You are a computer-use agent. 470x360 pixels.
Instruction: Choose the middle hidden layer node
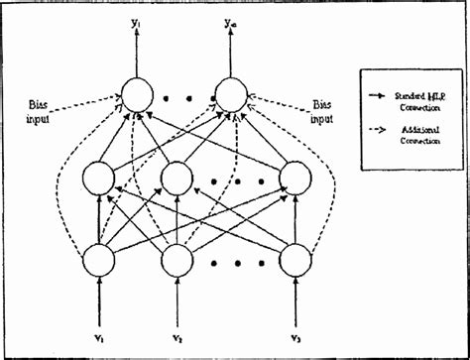pos(176,178)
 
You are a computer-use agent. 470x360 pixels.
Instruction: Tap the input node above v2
pos(176,261)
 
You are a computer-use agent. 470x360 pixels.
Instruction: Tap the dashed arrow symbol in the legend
pos(376,130)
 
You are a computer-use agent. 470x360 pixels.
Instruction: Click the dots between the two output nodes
pos(183,99)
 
